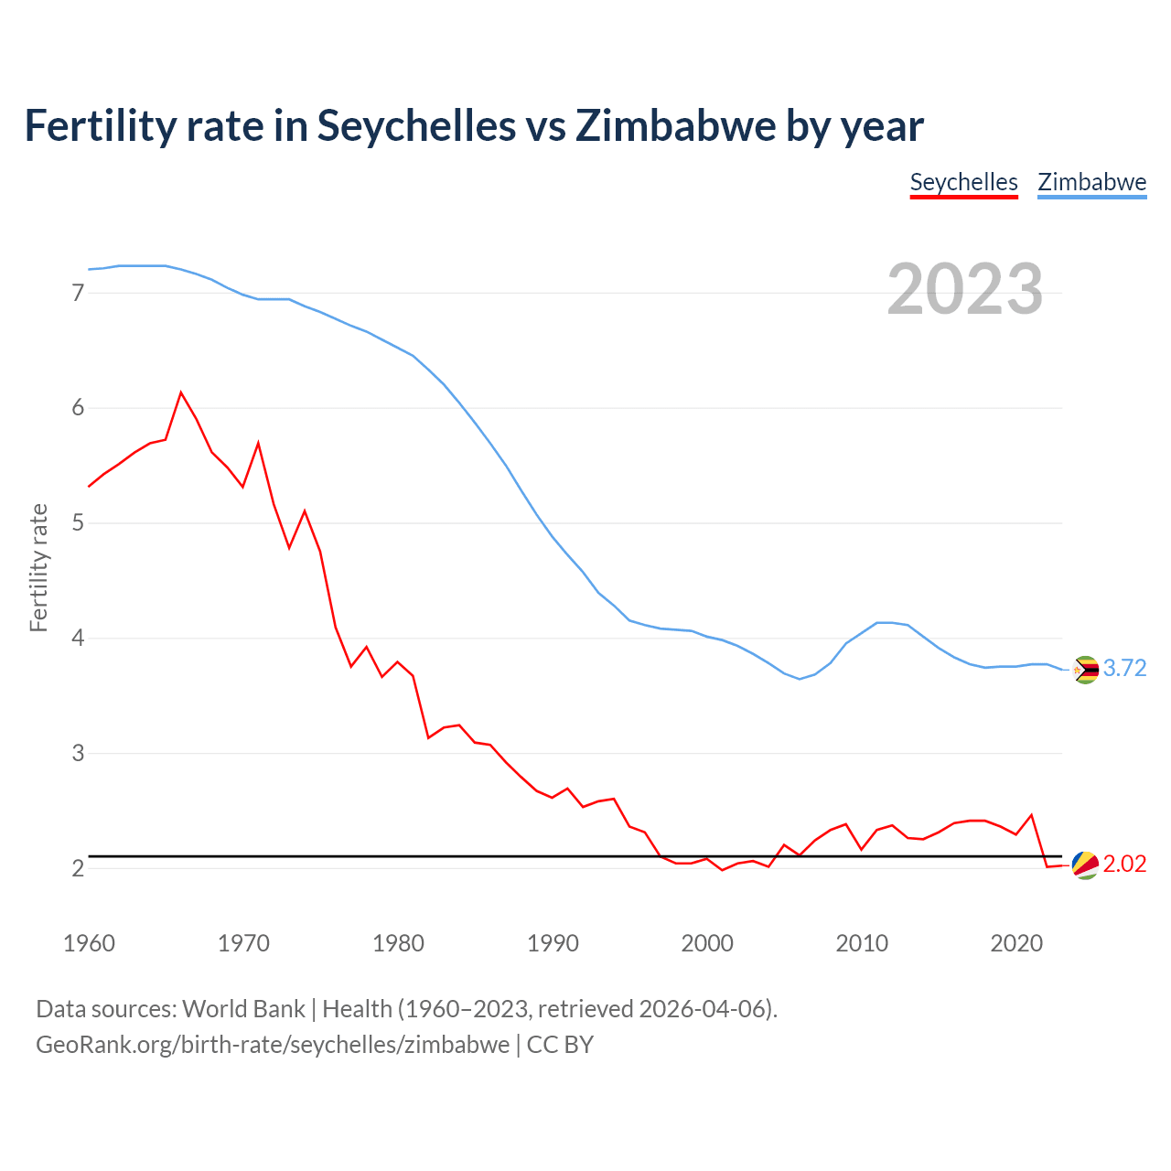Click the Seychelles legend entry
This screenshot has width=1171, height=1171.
tap(963, 182)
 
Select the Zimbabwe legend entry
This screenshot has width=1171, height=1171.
tap(1091, 182)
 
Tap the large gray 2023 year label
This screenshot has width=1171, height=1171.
tap(964, 289)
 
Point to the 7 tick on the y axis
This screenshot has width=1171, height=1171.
tap(78, 293)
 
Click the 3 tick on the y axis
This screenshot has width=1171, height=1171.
tap(78, 753)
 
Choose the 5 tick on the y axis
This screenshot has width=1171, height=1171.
tap(78, 523)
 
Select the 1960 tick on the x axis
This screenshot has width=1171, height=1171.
tap(89, 943)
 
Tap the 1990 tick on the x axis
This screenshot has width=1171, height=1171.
tap(553, 943)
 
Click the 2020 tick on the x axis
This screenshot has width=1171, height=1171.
tap(1016, 943)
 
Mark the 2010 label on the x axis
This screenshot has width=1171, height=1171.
tap(862, 943)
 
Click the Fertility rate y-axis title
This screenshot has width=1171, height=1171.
tap(38, 567)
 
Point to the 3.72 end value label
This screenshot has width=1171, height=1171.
tap(1124, 669)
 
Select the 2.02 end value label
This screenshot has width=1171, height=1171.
tap(1124, 865)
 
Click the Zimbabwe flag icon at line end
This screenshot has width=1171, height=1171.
tap(1085, 670)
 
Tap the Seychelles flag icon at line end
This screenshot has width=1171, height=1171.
tap(1085, 865)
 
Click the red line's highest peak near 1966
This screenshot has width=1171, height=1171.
tap(181, 392)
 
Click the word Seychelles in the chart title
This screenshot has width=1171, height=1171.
tap(416, 125)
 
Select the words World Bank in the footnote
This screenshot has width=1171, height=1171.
tap(243, 1009)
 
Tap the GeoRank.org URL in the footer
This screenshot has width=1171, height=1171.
tap(273, 1045)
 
